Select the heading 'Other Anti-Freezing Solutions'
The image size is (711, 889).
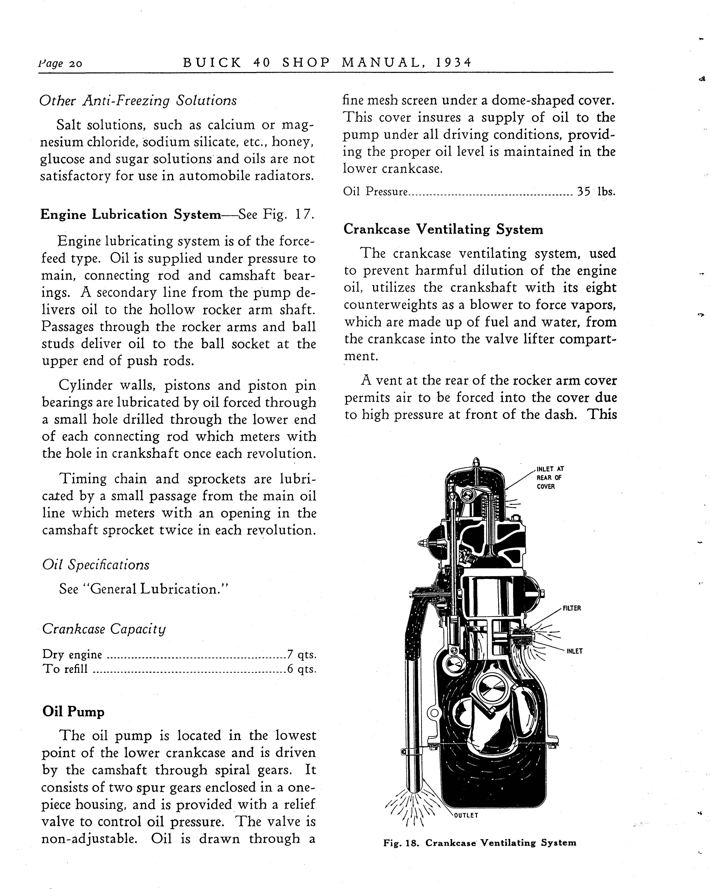138,101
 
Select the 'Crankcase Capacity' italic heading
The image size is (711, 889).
104,629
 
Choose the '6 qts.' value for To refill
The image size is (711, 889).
301,669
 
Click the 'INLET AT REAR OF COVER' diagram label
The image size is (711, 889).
550,477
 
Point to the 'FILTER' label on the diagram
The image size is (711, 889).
572,608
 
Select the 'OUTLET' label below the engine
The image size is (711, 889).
466,815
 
